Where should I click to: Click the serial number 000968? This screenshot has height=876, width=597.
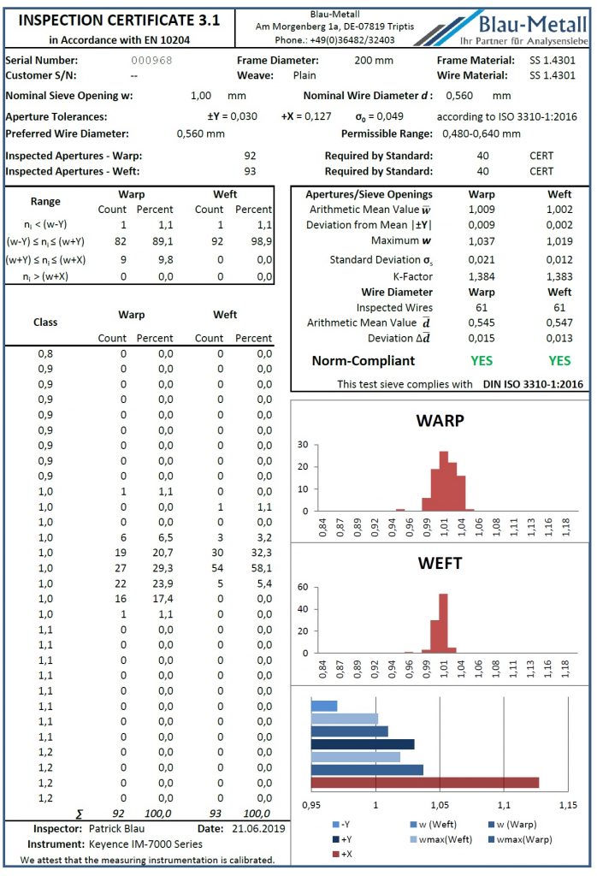(x=151, y=61)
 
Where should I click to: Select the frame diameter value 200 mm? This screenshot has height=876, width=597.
(x=373, y=61)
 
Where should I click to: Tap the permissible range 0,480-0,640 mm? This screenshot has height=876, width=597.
(x=482, y=134)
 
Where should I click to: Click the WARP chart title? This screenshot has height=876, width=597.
(x=440, y=421)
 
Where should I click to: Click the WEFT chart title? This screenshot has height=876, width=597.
(x=440, y=564)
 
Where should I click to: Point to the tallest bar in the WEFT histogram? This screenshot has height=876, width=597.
(x=443, y=623)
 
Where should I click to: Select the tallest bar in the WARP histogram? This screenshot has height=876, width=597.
(x=443, y=480)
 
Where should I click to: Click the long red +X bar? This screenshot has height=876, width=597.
(x=424, y=782)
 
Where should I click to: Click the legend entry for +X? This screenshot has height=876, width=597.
(x=346, y=854)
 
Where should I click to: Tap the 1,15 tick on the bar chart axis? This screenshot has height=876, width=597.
(x=567, y=806)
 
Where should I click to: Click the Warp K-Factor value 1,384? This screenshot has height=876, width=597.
(x=481, y=277)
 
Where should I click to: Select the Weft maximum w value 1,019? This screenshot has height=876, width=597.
(x=559, y=240)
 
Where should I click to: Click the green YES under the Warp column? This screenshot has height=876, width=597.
(x=481, y=360)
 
